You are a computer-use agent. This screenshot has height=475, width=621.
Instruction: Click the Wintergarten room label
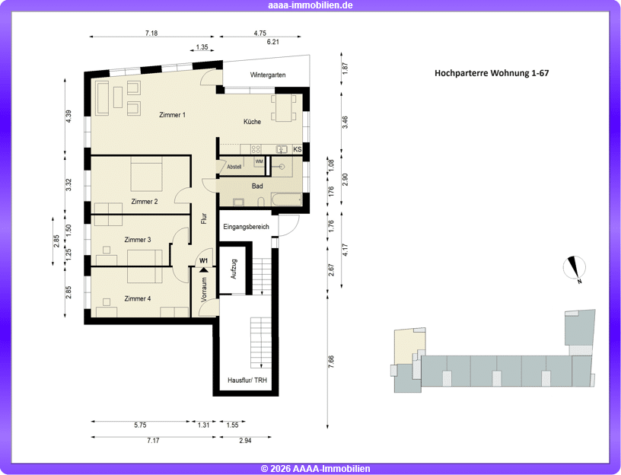tap(268, 75)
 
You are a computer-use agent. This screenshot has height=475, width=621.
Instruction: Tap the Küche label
tap(253, 122)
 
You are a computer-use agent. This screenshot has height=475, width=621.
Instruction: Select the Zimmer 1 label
tap(172, 115)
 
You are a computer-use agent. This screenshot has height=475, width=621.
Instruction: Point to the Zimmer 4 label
tap(138, 298)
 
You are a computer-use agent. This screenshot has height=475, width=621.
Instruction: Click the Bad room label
tap(257, 186)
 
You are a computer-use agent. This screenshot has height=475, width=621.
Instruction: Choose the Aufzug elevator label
tap(234, 269)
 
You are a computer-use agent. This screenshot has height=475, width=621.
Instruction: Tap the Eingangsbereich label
tap(246, 227)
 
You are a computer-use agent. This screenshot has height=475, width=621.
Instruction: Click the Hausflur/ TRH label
tap(247, 381)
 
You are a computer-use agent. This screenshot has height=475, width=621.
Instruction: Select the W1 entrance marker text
tap(203, 260)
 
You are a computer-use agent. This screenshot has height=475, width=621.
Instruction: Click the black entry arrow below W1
tap(203, 270)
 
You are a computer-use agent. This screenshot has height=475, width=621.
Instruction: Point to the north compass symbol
tap(575, 267)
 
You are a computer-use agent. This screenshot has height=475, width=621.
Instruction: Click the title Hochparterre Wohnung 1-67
tap(492, 73)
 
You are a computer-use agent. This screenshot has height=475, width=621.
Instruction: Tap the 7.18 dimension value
tap(151, 33)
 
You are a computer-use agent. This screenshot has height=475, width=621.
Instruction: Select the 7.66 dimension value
tap(332, 362)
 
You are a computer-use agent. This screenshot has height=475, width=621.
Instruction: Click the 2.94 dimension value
tap(245, 441)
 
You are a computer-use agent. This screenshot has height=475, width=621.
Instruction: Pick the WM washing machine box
tap(260, 161)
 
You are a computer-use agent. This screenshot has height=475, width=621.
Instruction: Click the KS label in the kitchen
tap(298, 149)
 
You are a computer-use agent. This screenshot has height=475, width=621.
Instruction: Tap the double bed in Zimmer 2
tap(146, 174)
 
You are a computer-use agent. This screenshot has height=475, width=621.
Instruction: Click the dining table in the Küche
tap(284, 108)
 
